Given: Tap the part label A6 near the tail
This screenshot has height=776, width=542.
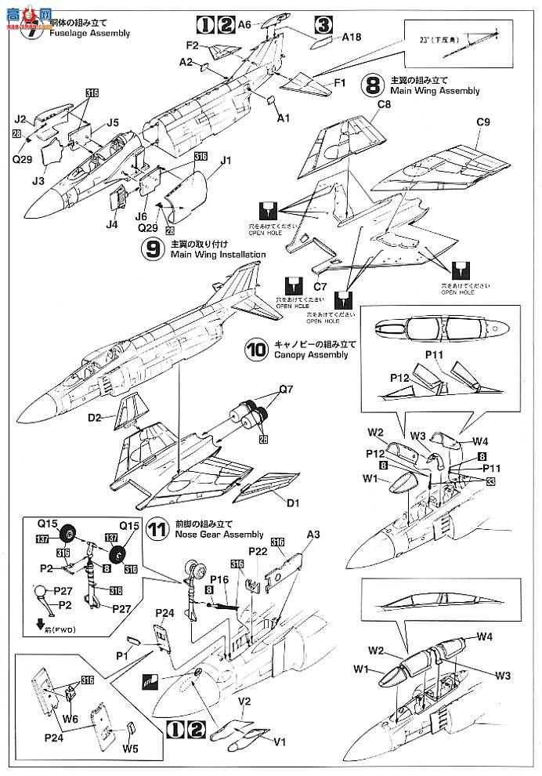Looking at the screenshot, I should coord(245,24).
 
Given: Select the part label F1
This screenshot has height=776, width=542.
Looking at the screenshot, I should coord(341,81).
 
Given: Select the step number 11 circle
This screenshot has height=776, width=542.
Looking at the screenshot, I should coord(157,529).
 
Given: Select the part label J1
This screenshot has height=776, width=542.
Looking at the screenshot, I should coord(227,161).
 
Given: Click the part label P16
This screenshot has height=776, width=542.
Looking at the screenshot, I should coord(219,579).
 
